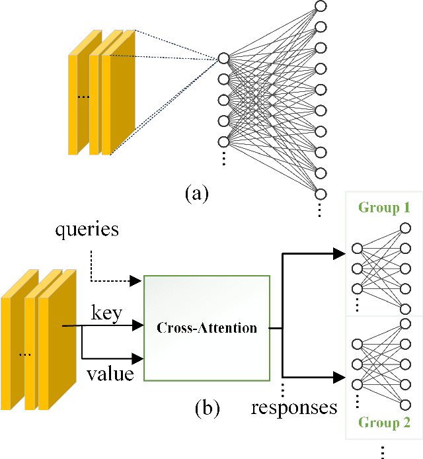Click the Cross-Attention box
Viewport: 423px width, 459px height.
[x=207, y=328]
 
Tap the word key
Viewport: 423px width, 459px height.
[x=106, y=313]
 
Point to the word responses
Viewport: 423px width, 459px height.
[x=293, y=407]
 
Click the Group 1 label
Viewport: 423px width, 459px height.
[x=384, y=208]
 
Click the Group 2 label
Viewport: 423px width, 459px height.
[x=384, y=424]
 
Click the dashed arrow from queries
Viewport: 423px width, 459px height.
[x=106, y=271]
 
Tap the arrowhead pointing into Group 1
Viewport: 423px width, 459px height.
[x=339, y=253]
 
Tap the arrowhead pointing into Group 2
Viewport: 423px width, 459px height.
[x=339, y=378]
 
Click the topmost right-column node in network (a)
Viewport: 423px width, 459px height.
[x=321, y=7]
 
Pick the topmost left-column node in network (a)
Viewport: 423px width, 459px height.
[x=223, y=59]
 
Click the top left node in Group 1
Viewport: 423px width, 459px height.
[x=358, y=249]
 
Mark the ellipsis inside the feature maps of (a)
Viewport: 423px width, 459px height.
[x=84, y=97]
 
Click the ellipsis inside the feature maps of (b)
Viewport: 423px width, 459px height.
[x=25, y=354]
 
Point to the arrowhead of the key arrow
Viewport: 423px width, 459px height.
[x=138, y=325]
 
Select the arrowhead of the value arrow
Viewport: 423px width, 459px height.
[x=138, y=359]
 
